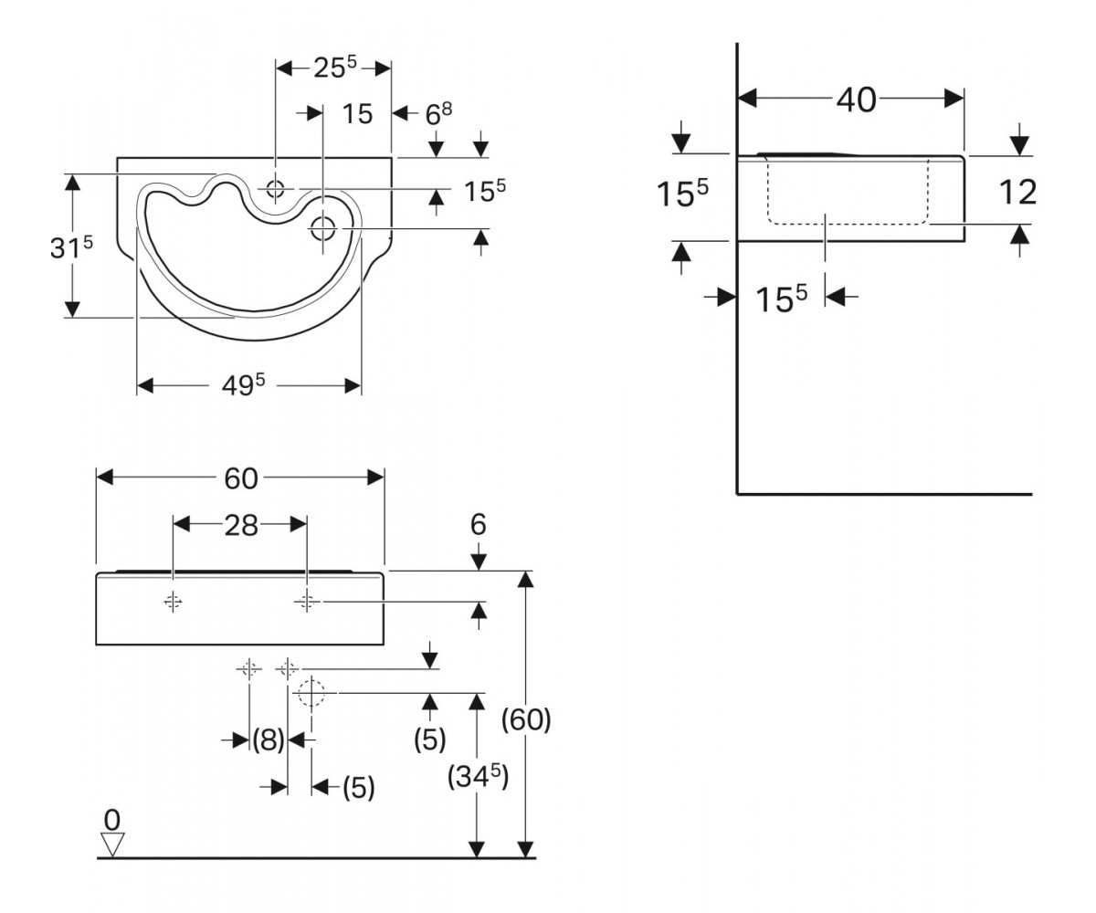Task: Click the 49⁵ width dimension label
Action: (x=244, y=385)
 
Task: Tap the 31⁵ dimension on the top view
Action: (x=71, y=247)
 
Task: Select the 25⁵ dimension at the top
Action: (x=335, y=67)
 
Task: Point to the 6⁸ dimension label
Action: (x=438, y=114)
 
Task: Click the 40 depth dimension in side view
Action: (x=856, y=100)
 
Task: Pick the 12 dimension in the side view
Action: (x=1017, y=192)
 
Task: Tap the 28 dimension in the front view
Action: (x=241, y=525)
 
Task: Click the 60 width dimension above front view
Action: (x=241, y=478)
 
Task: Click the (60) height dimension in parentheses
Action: (x=526, y=719)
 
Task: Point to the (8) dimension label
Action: (x=269, y=740)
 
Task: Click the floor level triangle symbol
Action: (x=112, y=845)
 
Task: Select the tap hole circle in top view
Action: (x=275, y=188)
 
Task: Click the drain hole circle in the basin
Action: (x=322, y=229)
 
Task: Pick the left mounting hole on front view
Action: (x=174, y=602)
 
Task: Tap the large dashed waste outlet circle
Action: (x=311, y=693)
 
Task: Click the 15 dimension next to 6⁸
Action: (x=357, y=114)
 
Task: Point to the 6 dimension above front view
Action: (x=479, y=524)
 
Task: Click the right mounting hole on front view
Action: (x=307, y=602)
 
